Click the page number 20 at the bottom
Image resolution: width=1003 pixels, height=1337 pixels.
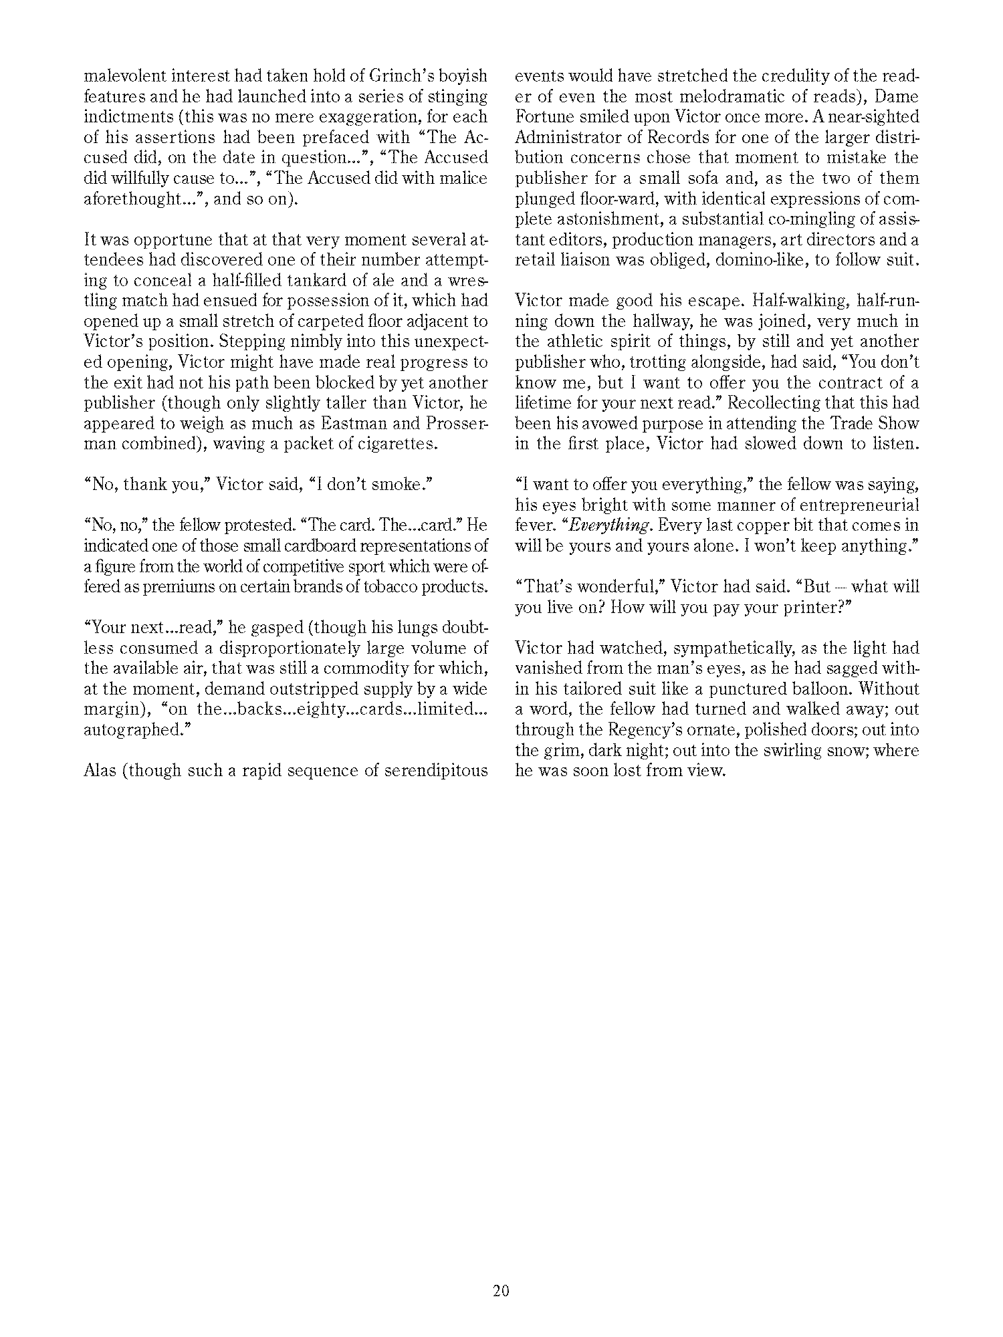[501, 1290]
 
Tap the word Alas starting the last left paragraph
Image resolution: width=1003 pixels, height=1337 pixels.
[101, 771]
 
